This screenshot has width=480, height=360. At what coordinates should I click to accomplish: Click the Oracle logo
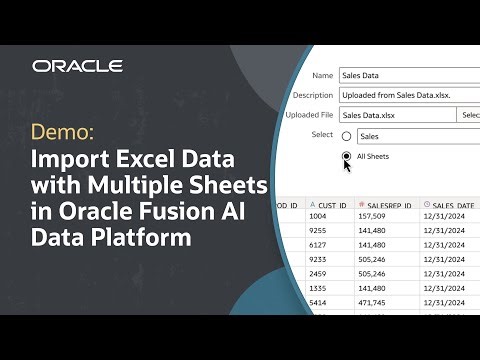click(77, 66)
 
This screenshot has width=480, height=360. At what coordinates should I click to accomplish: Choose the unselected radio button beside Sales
click(346, 136)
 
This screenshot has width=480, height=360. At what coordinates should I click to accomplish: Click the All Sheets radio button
click(346, 157)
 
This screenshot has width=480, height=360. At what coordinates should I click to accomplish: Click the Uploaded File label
click(308, 115)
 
